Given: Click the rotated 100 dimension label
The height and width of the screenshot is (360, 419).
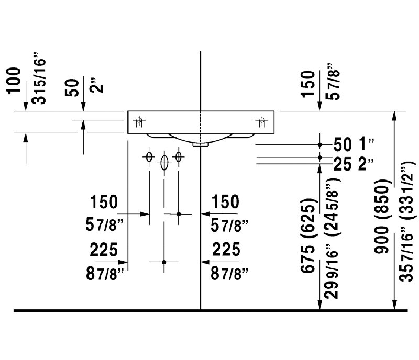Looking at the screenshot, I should [15, 81].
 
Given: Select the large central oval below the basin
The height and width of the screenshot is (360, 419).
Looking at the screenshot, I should [164, 163].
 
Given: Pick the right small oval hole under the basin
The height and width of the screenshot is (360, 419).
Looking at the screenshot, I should [179, 156].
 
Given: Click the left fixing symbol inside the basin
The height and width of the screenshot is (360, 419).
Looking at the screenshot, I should [139, 122].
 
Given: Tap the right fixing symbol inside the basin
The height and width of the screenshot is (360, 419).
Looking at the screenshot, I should [260, 122].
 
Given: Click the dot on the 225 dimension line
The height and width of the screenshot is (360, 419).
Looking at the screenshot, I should [164, 262].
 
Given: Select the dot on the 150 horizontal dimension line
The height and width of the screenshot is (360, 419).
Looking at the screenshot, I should [179, 214].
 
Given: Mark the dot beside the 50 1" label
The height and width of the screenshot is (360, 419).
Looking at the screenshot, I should [320, 143].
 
